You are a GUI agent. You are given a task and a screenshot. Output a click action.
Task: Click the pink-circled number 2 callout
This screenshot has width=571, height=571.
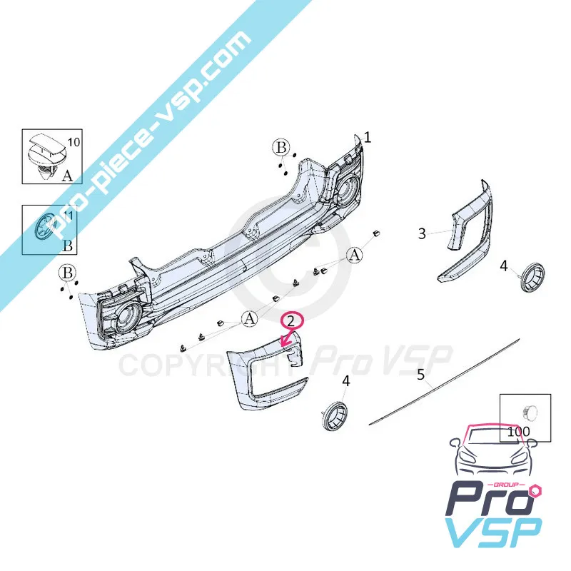point(290,320)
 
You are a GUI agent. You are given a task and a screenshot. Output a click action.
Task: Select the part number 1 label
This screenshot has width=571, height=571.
point(368,138)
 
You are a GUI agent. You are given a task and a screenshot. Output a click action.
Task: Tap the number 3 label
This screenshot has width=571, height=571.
point(422,233)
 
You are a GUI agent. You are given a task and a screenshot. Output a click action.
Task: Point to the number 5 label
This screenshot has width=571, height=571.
point(420,374)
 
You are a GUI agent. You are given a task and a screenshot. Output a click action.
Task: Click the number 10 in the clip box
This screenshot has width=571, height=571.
point(74,142)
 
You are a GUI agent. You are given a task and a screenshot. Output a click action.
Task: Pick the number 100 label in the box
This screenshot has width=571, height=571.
point(518,432)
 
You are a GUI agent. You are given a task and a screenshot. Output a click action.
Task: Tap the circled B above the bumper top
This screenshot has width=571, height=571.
point(281,148)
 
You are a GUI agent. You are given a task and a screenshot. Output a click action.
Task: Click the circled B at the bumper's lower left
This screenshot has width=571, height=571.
point(67,273)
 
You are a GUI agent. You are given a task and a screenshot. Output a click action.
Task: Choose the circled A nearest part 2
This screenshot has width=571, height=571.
point(249,319)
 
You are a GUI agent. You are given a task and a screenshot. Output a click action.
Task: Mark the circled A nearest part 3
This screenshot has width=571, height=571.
point(355,256)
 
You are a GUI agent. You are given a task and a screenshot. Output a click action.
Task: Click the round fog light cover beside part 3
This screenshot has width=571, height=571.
point(532,277)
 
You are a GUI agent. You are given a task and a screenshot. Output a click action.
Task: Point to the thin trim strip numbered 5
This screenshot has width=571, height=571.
point(444,382)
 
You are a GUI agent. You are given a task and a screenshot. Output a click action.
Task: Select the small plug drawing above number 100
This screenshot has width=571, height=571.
point(529,413)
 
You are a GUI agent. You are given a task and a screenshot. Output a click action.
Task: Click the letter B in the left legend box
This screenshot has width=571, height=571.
point(68,246)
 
